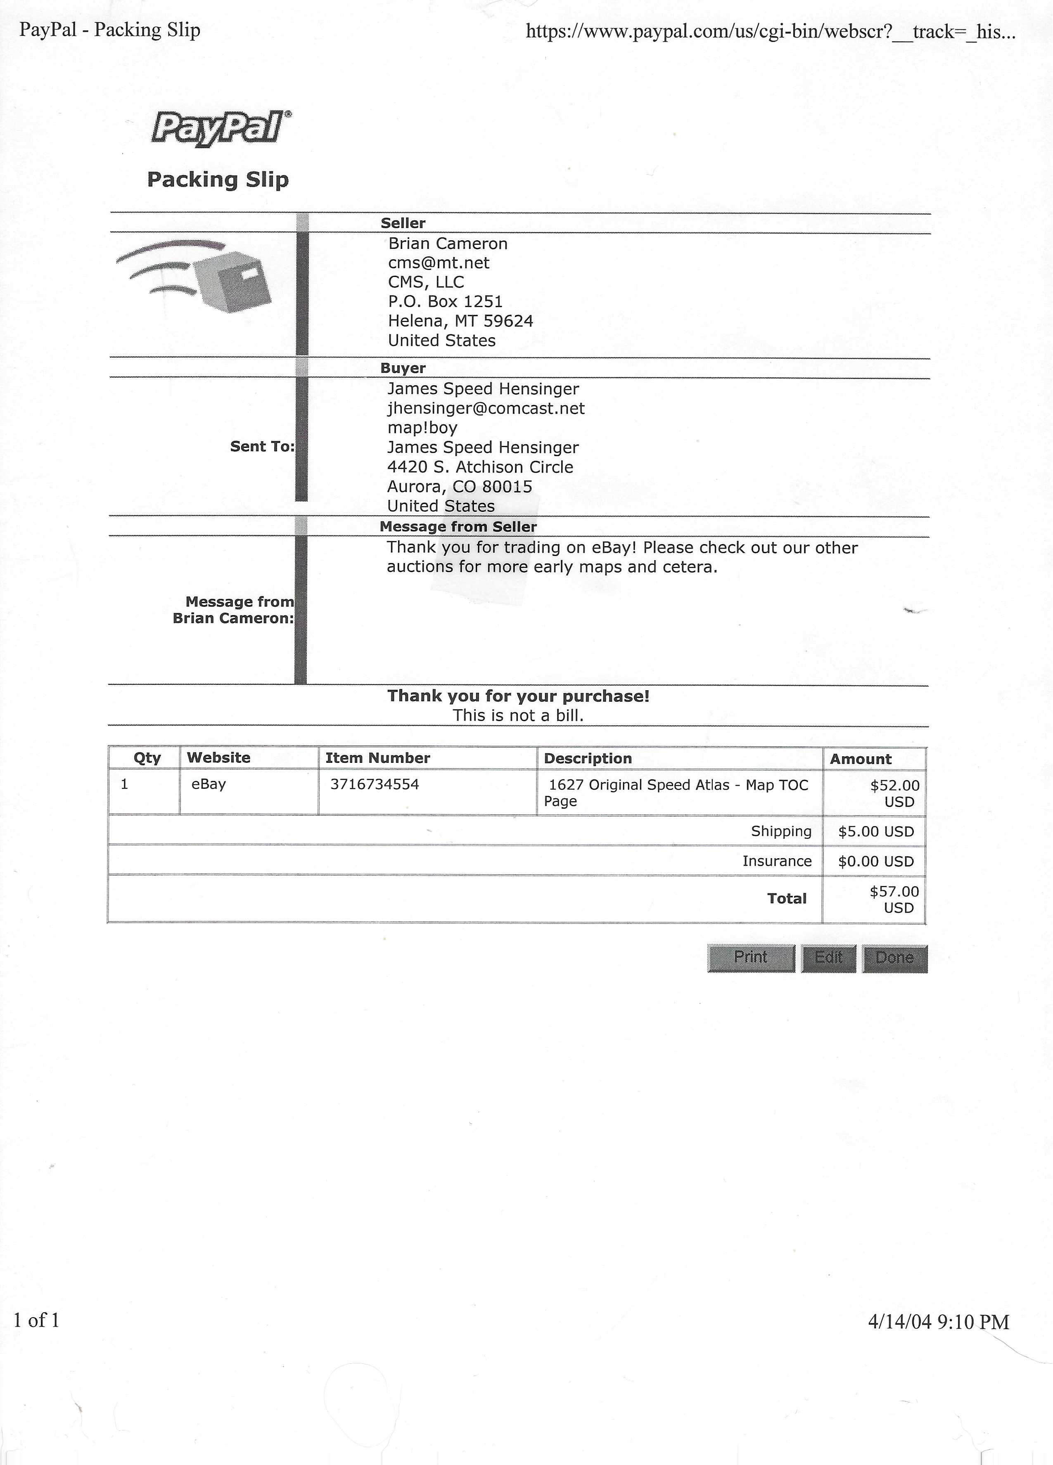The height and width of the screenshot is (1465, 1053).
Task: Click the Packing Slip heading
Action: pyautogui.click(x=218, y=180)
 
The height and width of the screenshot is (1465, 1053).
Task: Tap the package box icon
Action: pyautogui.click(x=232, y=282)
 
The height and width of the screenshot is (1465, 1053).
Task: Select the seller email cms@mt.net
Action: pyautogui.click(x=439, y=263)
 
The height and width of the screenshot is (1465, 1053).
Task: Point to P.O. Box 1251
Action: pyautogui.click(x=445, y=302)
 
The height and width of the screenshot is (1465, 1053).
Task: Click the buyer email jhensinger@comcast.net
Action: pyautogui.click(x=486, y=408)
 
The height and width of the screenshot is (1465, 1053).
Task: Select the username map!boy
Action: pyautogui.click(x=422, y=428)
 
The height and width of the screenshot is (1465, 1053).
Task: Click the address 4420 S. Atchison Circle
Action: pyautogui.click(x=480, y=467)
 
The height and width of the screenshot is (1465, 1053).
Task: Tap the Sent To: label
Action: pyautogui.click(x=262, y=446)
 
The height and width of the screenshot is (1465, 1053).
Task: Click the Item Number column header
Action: pyautogui.click(x=377, y=758)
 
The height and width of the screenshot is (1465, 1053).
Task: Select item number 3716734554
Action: pyautogui.click(x=375, y=784)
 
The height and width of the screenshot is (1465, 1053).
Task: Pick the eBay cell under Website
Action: pyautogui.click(x=209, y=784)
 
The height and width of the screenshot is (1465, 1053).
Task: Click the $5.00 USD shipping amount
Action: pyautogui.click(x=876, y=831)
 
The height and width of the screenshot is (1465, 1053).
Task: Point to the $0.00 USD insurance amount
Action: pyautogui.click(x=876, y=861)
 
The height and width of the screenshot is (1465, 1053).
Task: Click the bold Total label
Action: pyautogui.click(x=787, y=899)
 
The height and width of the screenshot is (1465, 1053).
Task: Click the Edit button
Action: pyautogui.click(x=828, y=957)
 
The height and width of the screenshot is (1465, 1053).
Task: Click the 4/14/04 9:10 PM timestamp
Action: pyautogui.click(x=938, y=1322)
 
